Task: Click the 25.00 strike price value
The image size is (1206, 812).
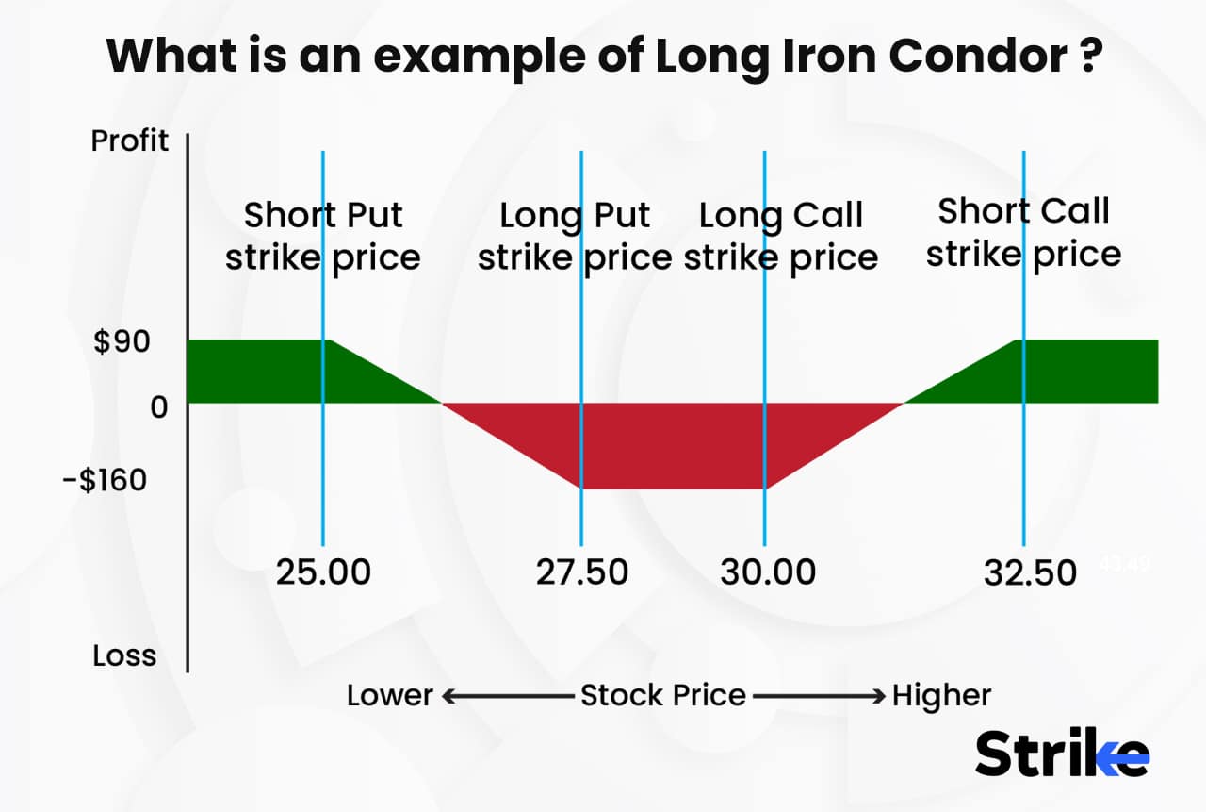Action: point(323,572)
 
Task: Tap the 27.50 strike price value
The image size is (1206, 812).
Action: point(581,572)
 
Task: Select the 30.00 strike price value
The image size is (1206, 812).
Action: point(768,572)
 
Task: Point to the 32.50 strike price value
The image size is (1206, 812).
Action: point(1030,572)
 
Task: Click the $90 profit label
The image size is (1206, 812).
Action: point(122,341)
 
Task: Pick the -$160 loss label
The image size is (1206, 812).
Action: point(105,480)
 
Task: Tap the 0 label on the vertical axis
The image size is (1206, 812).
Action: point(158,407)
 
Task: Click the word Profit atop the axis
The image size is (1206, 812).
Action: point(129,141)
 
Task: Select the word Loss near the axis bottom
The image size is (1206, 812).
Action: point(124,655)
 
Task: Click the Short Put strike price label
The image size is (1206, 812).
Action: point(323,236)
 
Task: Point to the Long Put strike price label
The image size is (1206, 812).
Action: point(575,236)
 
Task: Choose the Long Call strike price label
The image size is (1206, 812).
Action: point(781,236)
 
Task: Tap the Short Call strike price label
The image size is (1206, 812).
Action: point(1024,232)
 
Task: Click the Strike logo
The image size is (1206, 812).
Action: point(1062,754)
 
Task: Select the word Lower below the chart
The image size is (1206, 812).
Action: point(389,696)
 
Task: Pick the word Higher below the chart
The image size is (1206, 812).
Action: point(942,696)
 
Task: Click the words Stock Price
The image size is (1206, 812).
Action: point(662,696)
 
